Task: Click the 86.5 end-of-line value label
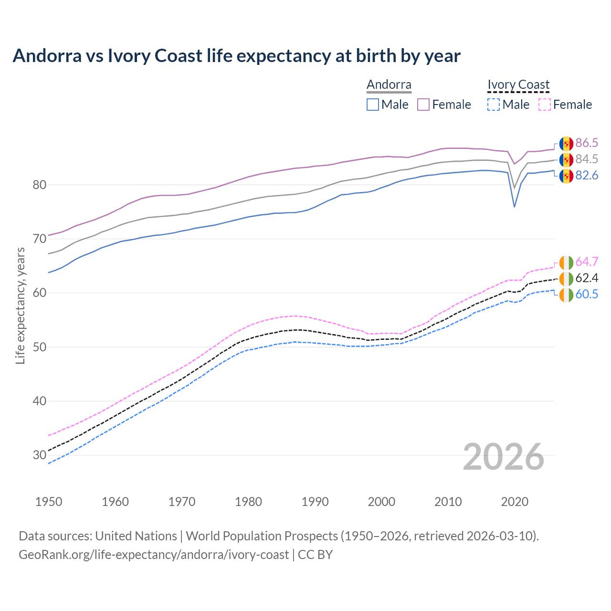(x=587, y=143)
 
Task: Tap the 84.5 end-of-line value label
(x=587, y=159)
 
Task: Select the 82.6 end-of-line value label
(x=587, y=176)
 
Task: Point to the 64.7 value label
(x=587, y=262)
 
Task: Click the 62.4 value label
(x=587, y=278)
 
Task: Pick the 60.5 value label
(x=587, y=295)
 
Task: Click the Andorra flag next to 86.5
(x=566, y=143)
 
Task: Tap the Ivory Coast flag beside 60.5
(x=566, y=295)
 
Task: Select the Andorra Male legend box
(x=373, y=105)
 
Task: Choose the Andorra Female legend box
(x=423, y=105)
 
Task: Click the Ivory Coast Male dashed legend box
(x=494, y=105)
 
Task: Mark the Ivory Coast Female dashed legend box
(x=545, y=105)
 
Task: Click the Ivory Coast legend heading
(x=518, y=85)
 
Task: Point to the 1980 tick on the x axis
(x=248, y=502)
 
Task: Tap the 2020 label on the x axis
(x=515, y=502)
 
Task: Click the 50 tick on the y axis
(x=40, y=347)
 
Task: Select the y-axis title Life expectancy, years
(x=21, y=305)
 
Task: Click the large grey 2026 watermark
(x=504, y=457)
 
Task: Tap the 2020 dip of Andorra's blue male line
(x=514, y=206)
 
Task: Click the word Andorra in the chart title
(x=47, y=56)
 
